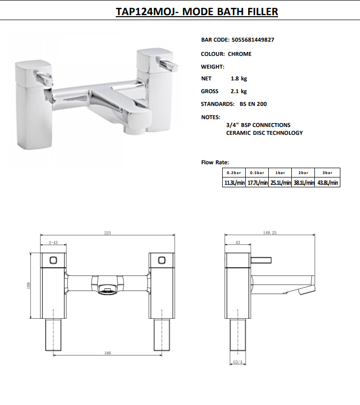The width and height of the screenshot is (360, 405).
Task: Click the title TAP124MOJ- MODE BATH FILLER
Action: [197, 12]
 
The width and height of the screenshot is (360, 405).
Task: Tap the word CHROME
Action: [240, 54]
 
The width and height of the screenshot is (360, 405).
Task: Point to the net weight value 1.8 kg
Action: [238, 78]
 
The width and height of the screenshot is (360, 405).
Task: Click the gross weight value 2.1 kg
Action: [238, 91]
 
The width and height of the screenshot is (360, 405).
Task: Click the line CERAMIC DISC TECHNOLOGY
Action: [264, 133]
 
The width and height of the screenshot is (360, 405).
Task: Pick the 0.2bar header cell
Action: [234, 173]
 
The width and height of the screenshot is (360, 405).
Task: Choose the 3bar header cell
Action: [328, 173]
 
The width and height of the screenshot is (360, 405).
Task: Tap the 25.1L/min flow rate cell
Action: [281, 183]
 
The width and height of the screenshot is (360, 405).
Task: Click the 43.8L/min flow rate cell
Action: [328, 183]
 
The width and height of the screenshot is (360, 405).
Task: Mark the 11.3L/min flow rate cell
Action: [234, 183]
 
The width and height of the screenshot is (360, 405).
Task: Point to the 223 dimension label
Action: [107, 233]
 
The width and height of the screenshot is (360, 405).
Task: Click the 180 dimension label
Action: [107, 353]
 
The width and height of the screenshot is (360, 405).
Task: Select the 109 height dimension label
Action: [29, 284]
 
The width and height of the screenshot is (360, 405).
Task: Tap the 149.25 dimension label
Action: [270, 233]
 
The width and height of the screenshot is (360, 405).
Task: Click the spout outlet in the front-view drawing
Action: [107, 290]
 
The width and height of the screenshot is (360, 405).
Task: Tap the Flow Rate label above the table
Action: [215, 162]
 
